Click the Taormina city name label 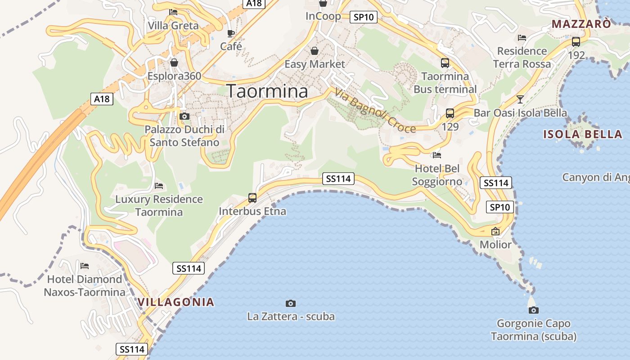(267, 91)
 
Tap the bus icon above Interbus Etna (252, 198)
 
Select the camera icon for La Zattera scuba (291, 303)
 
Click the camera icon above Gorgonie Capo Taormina (534, 310)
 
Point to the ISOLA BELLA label (582, 134)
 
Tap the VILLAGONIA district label (176, 302)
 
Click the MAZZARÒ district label (581, 24)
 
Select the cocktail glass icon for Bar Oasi (520, 99)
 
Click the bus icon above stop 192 (576, 42)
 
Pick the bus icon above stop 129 (450, 113)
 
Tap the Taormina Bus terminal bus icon (445, 63)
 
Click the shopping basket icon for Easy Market (315, 51)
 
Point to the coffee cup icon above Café (231, 33)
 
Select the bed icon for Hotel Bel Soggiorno (436, 155)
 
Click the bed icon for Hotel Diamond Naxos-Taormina (84, 265)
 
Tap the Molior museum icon (495, 232)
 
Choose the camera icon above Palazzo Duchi (184, 116)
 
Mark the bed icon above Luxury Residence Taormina (159, 185)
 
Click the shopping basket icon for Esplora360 (174, 63)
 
